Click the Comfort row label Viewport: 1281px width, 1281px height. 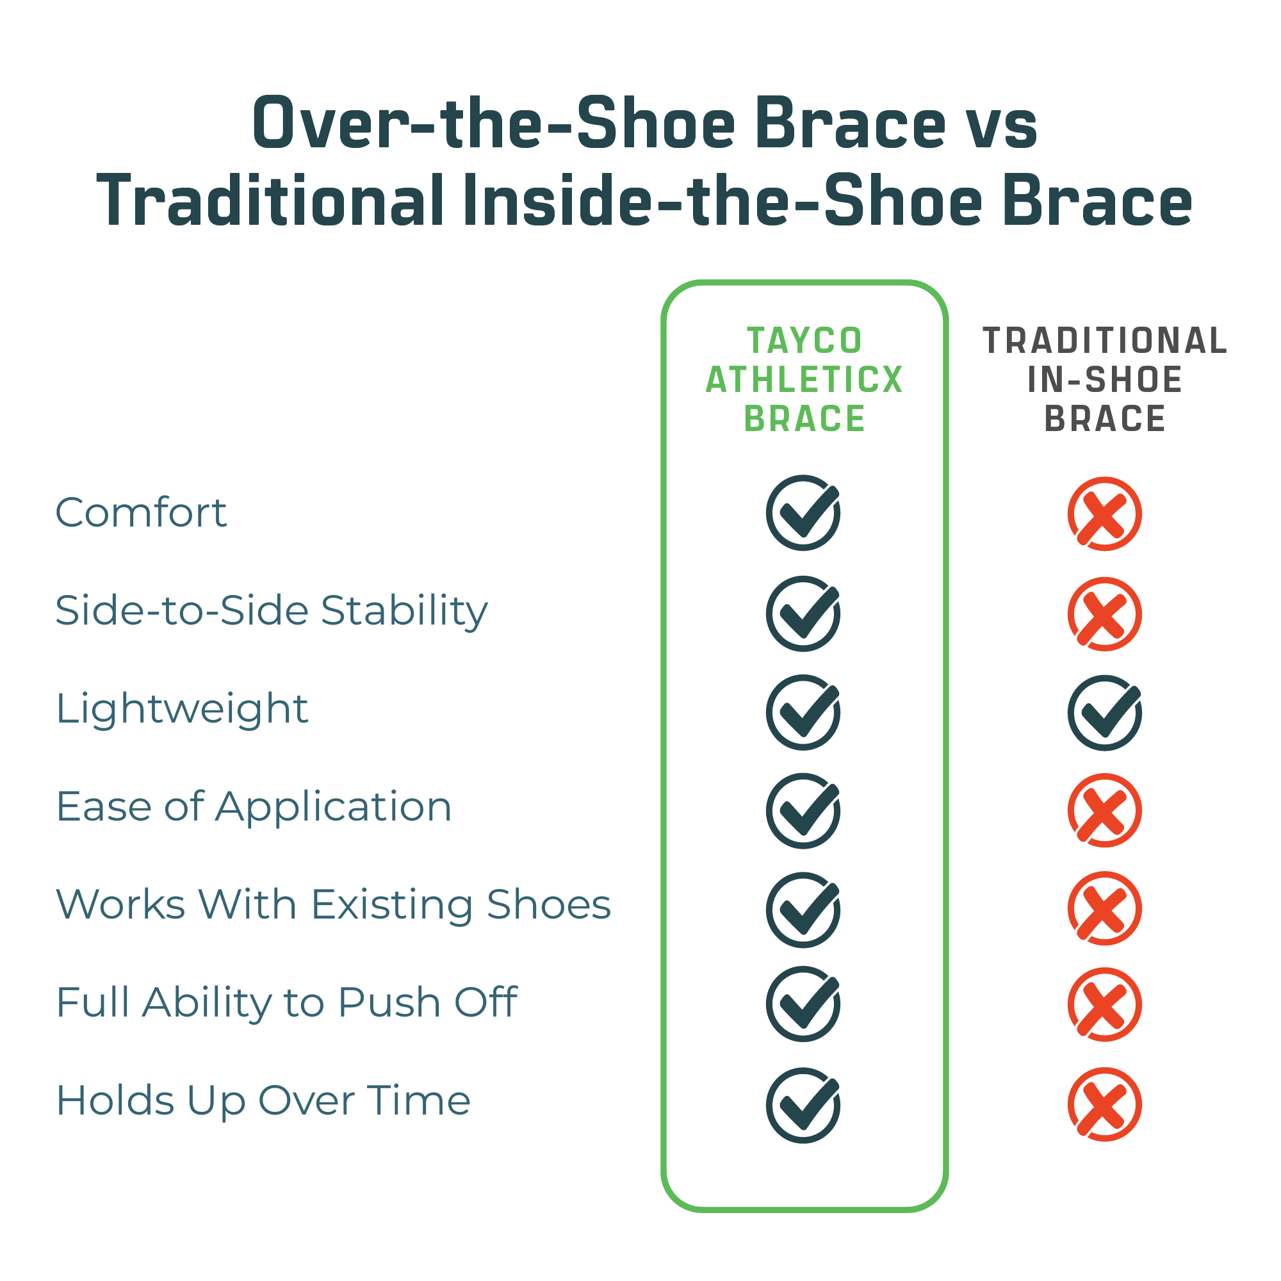pyautogui.click(x=141, y=512)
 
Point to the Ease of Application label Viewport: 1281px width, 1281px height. pyautogui.click(x=254, y=808)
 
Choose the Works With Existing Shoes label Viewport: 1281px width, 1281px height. pyautogui.click(x=334, y=904)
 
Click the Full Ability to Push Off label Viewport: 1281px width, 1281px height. pyautogui.click(x=286, y=1002)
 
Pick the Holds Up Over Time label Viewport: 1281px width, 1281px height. pyautogui.click(x=263, y=1100)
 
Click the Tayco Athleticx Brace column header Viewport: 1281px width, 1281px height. pyautogui.click(x=804, y=380)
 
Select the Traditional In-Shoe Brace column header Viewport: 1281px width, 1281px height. pyautogui.click(x=1105, y=380)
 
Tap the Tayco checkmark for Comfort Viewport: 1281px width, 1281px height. pyautogui.click(x=804, y=512)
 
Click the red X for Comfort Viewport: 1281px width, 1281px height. pyautogui.click(x=1105, y=514)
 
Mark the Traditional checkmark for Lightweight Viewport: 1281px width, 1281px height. pyautogui.click(x=1105, y=713)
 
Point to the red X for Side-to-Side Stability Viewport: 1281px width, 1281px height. pyautogui.click(x=1105, y=614)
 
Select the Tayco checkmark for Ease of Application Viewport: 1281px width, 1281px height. pyautogui.click(x=804, y=811)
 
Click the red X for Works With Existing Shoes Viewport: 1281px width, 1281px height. pyautogui.click(x=1105, y=908)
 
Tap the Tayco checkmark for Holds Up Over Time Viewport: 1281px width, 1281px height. pyautogui.click(x=804, y=1106)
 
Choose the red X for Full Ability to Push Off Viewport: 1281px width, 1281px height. pyautogui.click(x=1105, y=1004)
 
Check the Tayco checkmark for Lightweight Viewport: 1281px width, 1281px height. pyautogui.click(x=804, y=713)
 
